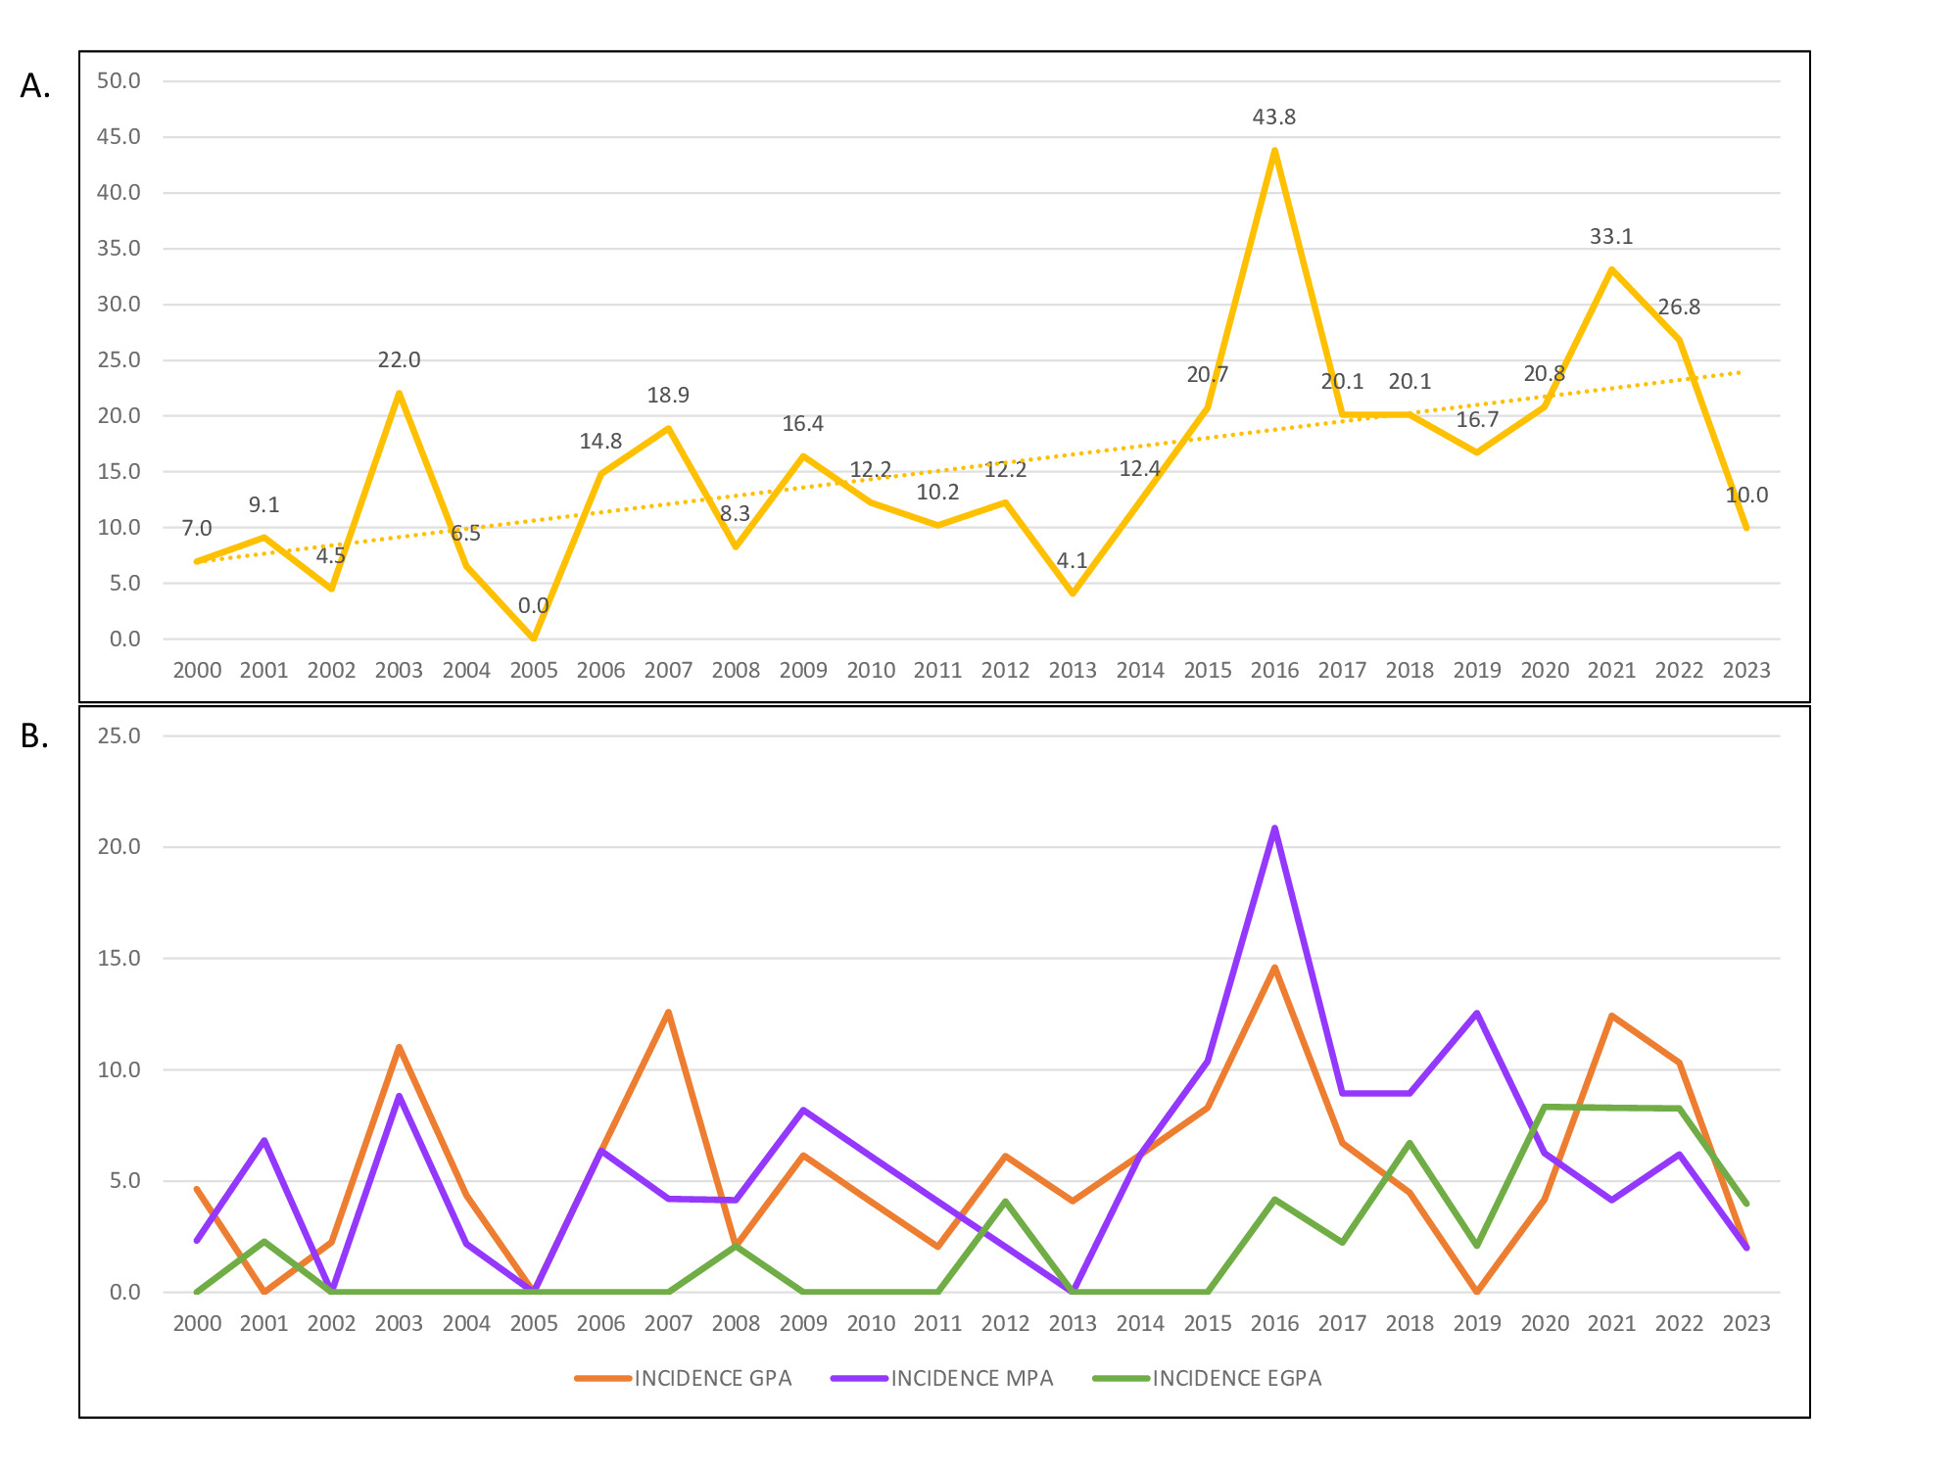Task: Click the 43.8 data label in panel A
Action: [x=1273, y=118]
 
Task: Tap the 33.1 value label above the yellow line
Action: [x=1610, y=237]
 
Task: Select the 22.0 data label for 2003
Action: [x=399, y=360]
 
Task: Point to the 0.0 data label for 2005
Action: [x=533, y=606]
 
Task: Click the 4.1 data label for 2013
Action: [x=1072, y=561]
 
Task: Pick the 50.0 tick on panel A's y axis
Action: [x=119, y=81]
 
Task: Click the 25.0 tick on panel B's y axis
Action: [x=119, y=735]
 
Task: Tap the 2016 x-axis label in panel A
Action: [x=1274, y=671]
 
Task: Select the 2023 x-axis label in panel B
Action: [x=1745, y=1324]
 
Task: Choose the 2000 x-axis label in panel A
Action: [x=197, y=671]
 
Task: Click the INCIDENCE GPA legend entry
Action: [x=712, y=1379]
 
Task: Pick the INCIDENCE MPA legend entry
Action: [x=972, y=1379]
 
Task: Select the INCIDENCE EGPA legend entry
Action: [x=1236, y=1379]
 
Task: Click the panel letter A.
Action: [x=35, y=87]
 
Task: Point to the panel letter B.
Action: [x=35, y=736]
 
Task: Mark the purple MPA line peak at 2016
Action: [x=1274, y=829]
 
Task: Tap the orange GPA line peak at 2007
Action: [x=668, y=1012]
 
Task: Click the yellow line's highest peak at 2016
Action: [x=1274, y=151]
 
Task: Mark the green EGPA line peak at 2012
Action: [x=1005, y=1202]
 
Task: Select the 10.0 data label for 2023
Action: [x=1745, y=496]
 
